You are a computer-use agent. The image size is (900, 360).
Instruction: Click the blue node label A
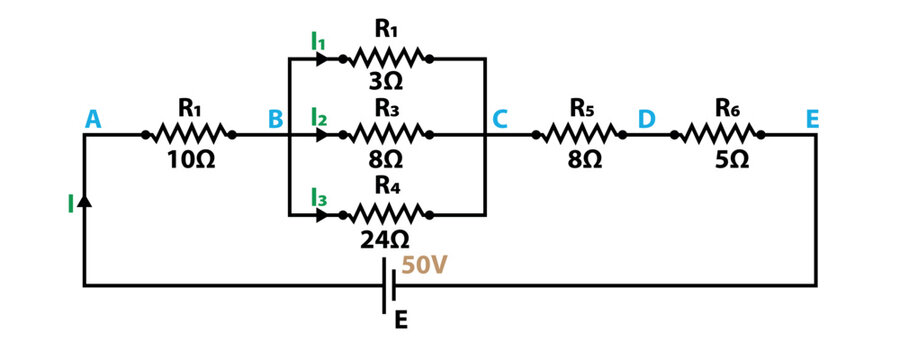pyautogui.click(x=94, y=120)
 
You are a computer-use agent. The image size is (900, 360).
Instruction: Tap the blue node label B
pyautogui.click(x=275, y=120)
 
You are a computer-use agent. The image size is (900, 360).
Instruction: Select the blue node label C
pyautogui.click(x=500, y=120)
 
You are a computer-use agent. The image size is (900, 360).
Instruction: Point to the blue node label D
pyautogui.click(x=647, y=120)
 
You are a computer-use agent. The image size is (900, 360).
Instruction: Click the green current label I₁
pyautogui.click(x=318, y=41)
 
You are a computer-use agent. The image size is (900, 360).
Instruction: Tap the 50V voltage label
pyautogui.click(x=426, y=267)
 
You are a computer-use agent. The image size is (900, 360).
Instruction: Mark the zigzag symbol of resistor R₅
pyautogui.click(x=582, y=133)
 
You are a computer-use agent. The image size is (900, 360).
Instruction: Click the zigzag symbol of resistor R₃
pyautogui.click(x=384, y=133)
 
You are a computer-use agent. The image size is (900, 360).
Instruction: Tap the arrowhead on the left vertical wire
pyautogui.click(x=84, y=200)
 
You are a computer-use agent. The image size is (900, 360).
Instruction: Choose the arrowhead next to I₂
pyautogui.click(x=321, y=133)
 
